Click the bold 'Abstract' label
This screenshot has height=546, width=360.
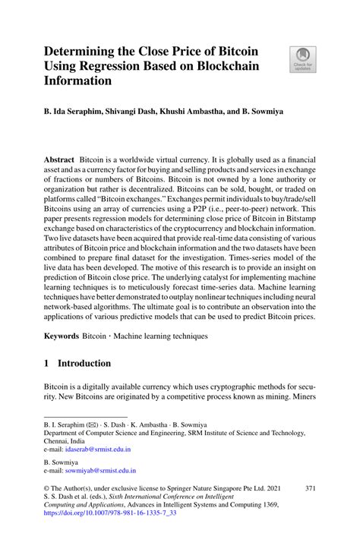(58, 161)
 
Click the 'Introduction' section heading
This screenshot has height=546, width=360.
(85, 364)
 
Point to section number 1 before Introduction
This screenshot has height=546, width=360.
(47, 364)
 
